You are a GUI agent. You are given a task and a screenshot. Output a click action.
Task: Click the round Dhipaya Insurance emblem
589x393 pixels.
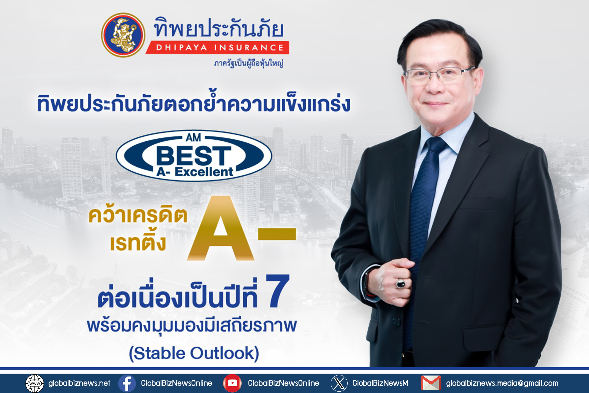coord(123,35)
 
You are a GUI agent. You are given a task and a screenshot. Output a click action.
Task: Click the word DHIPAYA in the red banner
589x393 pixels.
coord(182,48)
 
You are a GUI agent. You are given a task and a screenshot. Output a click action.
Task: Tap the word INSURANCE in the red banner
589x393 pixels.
coord(249,48)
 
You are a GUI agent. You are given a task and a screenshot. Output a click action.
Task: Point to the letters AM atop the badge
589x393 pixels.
coord(193,137)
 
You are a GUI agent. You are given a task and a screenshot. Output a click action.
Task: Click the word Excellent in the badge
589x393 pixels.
coord(204,172)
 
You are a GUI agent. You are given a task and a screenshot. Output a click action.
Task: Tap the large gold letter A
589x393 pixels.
coord(220,228)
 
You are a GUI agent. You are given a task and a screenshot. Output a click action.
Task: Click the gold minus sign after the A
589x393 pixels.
coord(277,234)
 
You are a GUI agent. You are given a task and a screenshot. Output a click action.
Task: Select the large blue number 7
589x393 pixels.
coord(277,291)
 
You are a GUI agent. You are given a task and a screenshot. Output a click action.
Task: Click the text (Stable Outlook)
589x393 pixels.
coord(194,353)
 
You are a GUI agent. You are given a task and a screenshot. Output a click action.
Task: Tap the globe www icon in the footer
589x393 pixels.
coord(35,383)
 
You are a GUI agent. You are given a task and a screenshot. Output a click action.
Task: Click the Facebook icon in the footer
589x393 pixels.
coord(127,383)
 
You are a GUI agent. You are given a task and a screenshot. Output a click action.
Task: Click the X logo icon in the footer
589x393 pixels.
coord(339,383)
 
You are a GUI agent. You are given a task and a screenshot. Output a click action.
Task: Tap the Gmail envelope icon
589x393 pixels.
coord(431,383)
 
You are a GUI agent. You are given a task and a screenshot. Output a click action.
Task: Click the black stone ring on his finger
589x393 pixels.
coord(400,284)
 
